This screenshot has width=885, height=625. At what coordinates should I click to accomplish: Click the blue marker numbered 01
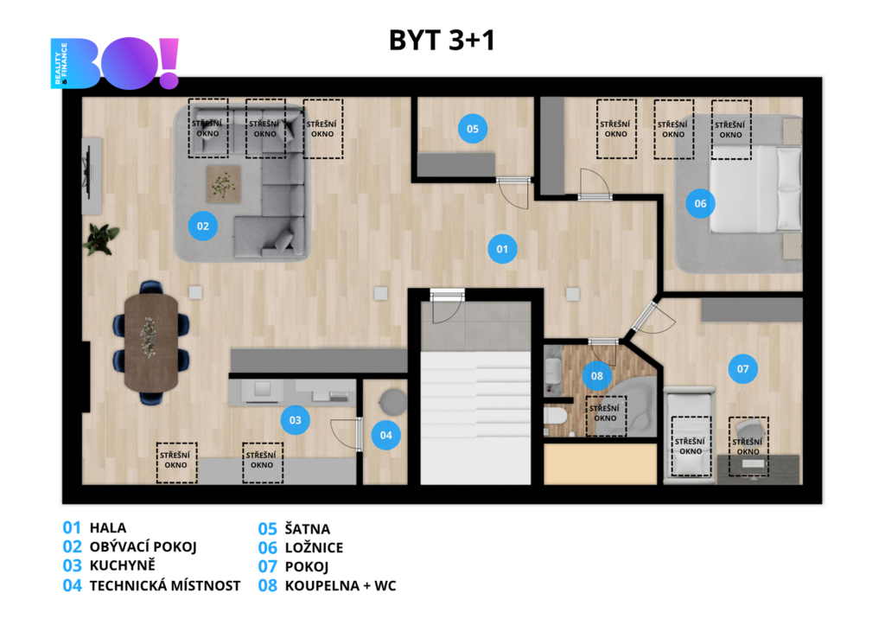click(502, 249)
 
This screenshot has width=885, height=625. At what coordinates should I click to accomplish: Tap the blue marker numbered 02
click(202, 226)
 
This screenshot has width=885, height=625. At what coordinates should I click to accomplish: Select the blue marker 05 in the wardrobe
click(473, 129)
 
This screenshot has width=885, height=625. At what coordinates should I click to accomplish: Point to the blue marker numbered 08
click(596, 375)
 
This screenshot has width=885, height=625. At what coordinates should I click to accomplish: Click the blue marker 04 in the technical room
click(385, 435)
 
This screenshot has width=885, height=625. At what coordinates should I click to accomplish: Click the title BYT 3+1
click(442, 40)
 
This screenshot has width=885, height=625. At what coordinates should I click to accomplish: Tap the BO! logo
click(115, 63)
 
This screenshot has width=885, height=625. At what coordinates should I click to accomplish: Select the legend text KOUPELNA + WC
click(341, 585)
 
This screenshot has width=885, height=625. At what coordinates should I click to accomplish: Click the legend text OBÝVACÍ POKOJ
click(143, 546)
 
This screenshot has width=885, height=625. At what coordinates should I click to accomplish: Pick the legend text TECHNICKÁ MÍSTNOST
click(165, 585)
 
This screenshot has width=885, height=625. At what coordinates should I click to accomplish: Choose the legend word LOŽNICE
click(314, 547)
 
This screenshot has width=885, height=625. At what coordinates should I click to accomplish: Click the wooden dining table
click(151, 342)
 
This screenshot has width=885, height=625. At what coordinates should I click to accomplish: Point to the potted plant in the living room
click(101, 239)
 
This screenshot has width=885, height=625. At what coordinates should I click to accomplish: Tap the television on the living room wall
click(87, 170)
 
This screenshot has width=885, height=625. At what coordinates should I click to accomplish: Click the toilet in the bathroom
click(555, 416)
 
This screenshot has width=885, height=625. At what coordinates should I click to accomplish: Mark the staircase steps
click(476, 418)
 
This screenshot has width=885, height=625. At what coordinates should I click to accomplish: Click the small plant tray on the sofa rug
click(223, 184)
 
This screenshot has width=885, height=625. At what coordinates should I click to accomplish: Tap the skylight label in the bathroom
click(604, 413)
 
